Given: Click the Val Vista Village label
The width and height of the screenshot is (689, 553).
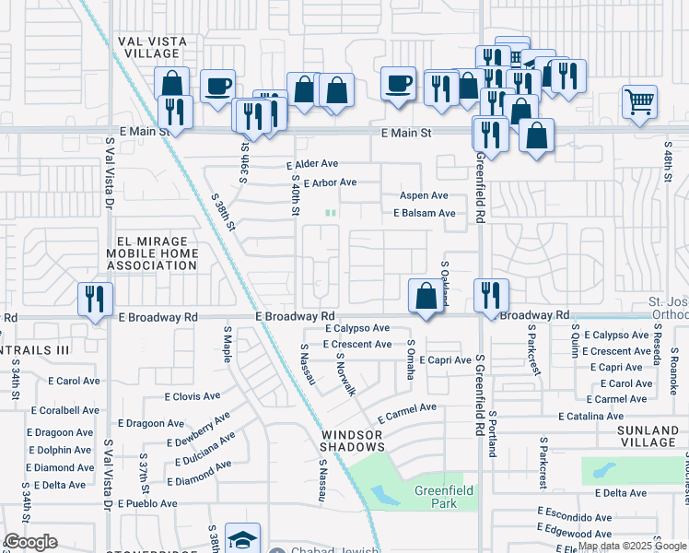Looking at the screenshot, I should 152,48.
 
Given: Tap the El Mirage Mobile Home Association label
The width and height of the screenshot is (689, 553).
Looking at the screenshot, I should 152,253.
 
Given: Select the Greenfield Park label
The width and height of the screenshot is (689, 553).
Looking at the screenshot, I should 443,497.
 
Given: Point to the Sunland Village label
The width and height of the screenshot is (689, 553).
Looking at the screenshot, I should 635,436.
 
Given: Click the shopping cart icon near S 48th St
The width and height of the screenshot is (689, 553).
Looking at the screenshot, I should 639,101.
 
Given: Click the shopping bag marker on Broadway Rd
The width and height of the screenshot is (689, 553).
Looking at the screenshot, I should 426,298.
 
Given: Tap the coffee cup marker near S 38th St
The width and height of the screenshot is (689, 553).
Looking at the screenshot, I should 217,87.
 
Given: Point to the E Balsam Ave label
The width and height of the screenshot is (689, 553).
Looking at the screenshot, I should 424,213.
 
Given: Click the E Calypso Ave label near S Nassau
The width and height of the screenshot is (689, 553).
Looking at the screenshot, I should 357,328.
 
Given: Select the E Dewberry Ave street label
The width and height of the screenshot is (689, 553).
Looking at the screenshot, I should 198,430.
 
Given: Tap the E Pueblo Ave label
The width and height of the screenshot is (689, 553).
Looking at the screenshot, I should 145,503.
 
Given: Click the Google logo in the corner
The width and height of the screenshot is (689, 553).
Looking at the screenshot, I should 30,542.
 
